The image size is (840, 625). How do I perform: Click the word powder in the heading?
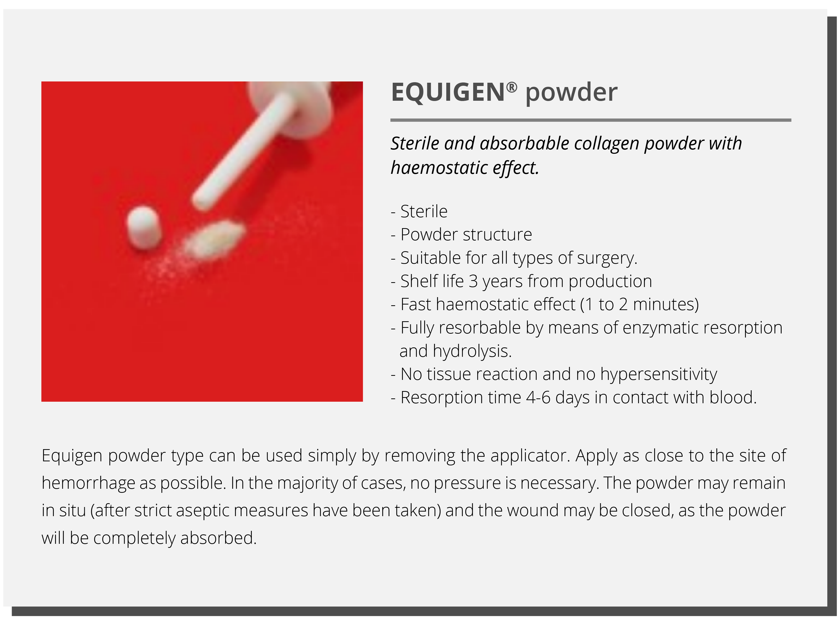pos(571,93)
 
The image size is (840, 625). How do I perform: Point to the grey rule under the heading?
pos(591,120)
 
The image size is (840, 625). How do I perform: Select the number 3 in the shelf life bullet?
pos(473,281)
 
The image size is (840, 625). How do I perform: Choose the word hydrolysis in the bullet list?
pos(472,351)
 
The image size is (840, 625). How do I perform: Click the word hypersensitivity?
pos(658,375)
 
